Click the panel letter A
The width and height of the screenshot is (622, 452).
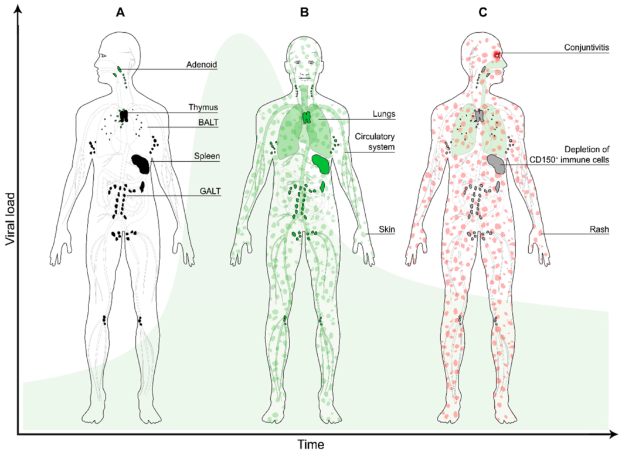pos(120,13)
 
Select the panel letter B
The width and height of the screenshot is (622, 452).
pos(304,13)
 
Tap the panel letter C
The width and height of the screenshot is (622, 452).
pos(482,13)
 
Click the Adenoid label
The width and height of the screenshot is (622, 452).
pos(202,64)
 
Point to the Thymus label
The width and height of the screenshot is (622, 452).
pos(203,107)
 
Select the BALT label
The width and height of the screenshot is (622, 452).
pos(208,122)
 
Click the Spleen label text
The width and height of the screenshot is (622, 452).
pos(207,157)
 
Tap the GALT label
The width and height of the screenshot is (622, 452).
pos(210,191)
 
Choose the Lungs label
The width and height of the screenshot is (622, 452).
pos(384,114)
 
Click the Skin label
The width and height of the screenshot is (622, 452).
pos(387,229)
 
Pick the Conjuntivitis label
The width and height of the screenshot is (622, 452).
pos(587,47)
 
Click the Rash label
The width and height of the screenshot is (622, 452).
pos(599,229)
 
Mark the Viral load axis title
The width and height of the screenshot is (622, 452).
pos(11,219)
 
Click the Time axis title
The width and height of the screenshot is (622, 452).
pos(311,444)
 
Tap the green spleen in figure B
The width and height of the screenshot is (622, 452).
pos(321,164)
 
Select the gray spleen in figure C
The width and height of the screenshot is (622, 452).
pos(496,164)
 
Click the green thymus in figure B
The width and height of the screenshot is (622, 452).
pos(306,117)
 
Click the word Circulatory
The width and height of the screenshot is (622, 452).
pos(375,137)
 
